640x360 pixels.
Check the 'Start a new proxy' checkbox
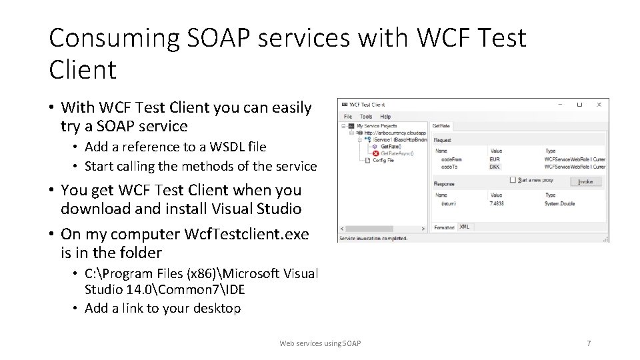pos(513,180)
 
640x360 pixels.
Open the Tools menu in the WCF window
pos(366,116)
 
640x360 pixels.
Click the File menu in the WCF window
pos(348,116)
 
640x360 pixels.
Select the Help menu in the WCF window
pos(385,116)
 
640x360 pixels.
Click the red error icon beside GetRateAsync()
pos(375,153)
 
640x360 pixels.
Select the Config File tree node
pos(383,161)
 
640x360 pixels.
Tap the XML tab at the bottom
pos(464,227)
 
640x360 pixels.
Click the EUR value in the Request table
pos(495,159)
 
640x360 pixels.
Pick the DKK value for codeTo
pos(495,167)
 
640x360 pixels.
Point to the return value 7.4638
pos(497,203)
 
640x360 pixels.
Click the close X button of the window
pos(599,105)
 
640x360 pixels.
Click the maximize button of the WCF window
pos(579,105)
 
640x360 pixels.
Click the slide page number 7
pos(588,343)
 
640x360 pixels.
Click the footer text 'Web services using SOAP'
pos(320,343)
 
